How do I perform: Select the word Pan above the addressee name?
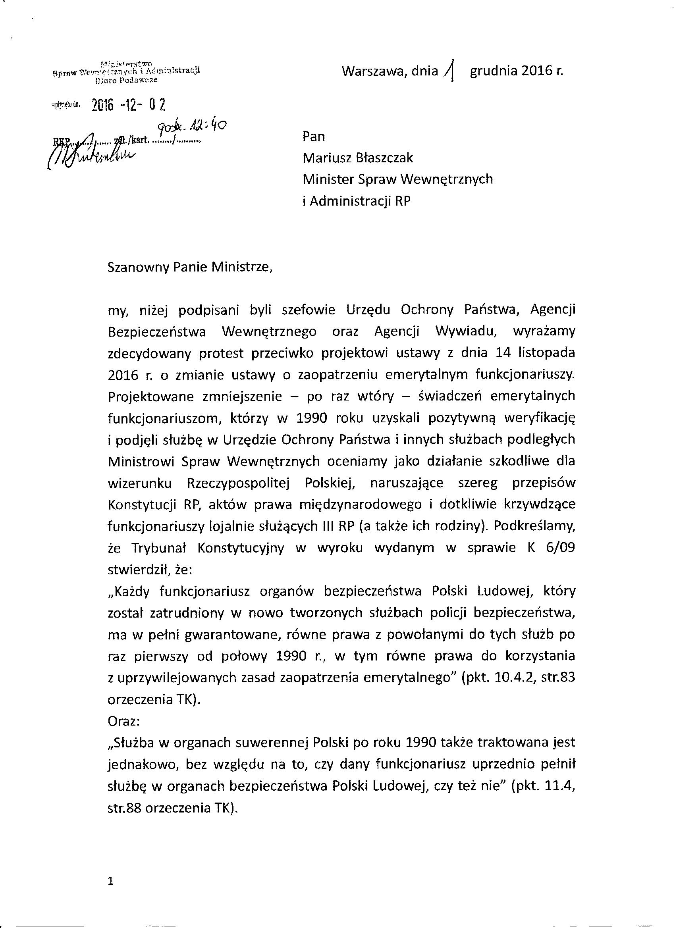pos(314,136)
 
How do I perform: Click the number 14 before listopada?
pos(504,353)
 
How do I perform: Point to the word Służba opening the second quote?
pos(131,743)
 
